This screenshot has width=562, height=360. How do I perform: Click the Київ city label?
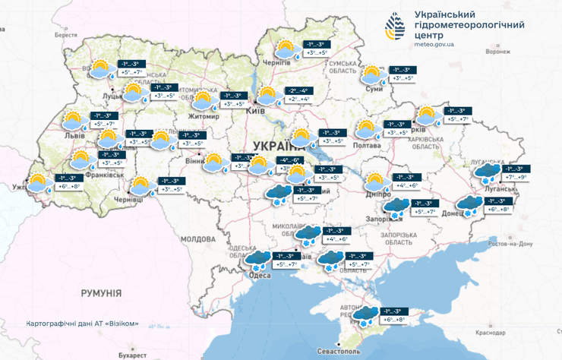255,111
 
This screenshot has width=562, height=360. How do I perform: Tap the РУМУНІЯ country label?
101,292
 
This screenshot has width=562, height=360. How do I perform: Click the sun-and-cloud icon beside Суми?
371,74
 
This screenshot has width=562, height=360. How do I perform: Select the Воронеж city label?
498,52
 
